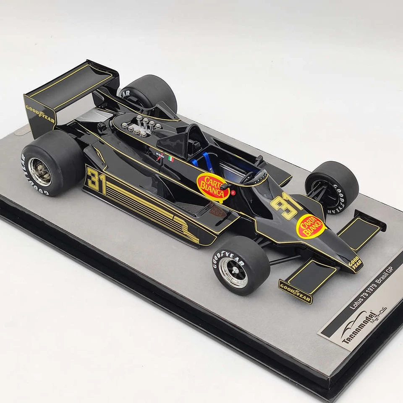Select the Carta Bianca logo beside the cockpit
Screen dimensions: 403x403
tap(213, 186)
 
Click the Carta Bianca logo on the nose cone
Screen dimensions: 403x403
tap(311, 226)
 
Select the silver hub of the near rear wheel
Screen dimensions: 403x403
tap(40, 171)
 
